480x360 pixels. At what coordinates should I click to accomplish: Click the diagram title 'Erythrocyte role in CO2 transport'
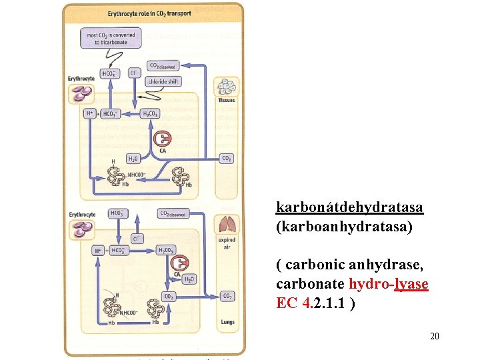[x=153, y=13]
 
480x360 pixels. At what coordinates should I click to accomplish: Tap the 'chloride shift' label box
[x=163, y=82]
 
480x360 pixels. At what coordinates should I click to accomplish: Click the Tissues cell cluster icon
[x=227, y=87]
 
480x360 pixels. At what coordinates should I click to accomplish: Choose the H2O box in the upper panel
[x=133, y=159]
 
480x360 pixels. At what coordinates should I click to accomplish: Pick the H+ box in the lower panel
[x=99, y=251]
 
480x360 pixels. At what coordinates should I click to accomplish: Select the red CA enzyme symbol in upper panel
[x=162, y=138]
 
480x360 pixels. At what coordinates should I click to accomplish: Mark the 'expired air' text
[x=227, y=243]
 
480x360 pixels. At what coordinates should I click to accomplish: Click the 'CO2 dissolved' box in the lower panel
[x=173, y=214]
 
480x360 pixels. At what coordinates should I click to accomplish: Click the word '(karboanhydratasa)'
[x=344, y=227]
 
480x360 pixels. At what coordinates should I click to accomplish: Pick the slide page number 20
[x=434, y=337]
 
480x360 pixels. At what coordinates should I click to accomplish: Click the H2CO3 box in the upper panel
[x=151, y=114]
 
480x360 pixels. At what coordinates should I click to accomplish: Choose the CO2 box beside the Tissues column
[x=227, y=159]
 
